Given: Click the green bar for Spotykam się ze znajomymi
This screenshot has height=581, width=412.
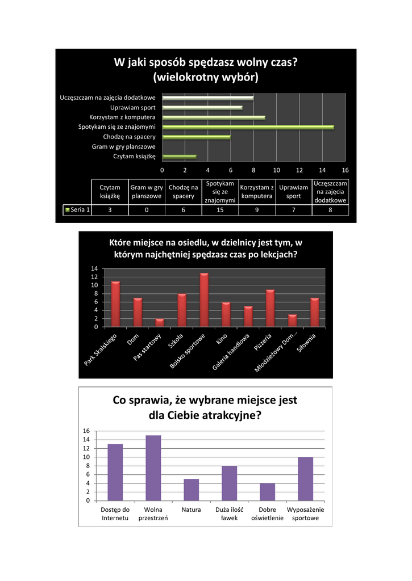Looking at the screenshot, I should tap(248, 127).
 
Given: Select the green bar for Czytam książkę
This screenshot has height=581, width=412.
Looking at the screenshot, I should tap(179, 157).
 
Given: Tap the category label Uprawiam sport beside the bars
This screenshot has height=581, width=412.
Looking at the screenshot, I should tap(132, 107).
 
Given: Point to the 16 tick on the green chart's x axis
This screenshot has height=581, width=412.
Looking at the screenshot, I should tap(345, 170).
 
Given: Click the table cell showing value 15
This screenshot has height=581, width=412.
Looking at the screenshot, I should tap(220, 210).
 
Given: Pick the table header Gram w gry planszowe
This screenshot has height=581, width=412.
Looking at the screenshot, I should tap(147, 192).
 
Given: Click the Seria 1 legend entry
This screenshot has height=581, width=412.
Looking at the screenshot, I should tap(77, 210).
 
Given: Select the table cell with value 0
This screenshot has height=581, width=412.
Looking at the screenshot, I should tap(147, 210).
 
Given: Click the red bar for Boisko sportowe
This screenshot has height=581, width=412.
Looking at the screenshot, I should tap(204, 300).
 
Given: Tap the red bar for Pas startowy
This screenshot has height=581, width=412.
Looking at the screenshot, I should tap(160, 323).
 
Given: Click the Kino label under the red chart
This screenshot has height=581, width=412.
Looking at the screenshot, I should tap(221, 341).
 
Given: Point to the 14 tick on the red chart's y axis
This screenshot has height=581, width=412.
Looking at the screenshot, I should tap(94, 268).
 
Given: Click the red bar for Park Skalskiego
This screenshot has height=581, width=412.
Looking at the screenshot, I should tap(115, 304).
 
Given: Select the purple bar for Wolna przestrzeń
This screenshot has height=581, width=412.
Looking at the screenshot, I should tap(153, 468).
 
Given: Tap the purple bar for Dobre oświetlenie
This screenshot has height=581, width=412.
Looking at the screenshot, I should tap(267, 491).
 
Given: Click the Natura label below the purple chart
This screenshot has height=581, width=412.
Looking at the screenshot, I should tap(191, 510).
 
